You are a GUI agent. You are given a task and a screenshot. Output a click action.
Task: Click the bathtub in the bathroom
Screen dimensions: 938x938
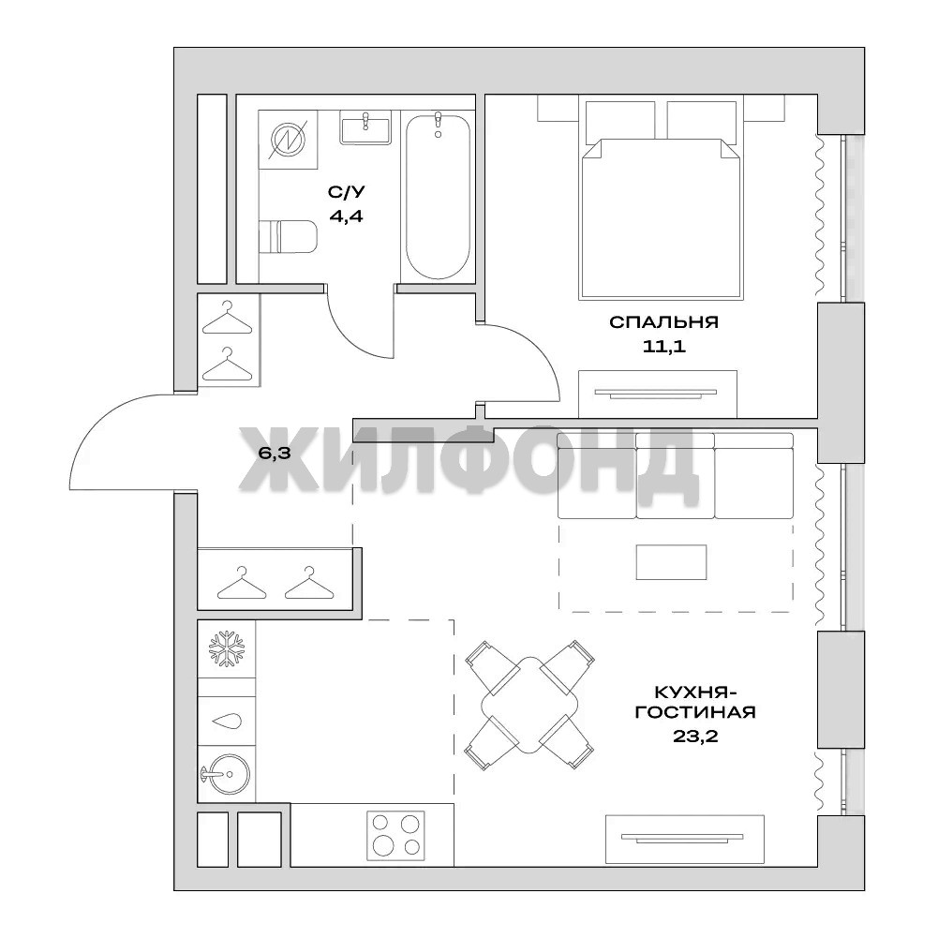tap(438, 196)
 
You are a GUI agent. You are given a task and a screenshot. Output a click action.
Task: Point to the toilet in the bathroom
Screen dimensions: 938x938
tap(288, 237)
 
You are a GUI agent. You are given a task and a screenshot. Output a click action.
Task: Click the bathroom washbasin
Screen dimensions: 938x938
tap(365, 127)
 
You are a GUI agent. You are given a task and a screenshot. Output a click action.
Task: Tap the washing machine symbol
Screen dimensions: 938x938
tap(289, 140)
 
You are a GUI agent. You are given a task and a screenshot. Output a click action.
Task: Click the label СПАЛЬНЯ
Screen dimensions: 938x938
tap(664, 322)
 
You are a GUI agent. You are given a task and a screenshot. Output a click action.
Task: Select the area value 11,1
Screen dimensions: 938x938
tap(664, 347)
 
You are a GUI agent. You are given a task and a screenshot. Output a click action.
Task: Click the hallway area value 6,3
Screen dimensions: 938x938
tap(275, 453)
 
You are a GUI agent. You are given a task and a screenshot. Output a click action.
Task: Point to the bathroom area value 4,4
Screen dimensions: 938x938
tap(347, 216)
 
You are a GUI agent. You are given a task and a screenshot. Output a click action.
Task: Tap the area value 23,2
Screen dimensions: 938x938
tap(695, 736)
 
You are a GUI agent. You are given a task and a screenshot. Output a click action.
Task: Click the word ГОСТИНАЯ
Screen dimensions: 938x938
tap(695, 712)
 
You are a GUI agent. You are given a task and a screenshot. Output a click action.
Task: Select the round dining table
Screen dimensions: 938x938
tap(530, 705)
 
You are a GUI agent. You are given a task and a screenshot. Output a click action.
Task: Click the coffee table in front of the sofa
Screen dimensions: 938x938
tap(671, 561)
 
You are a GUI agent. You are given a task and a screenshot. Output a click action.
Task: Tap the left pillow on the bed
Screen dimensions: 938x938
tap(620, 122)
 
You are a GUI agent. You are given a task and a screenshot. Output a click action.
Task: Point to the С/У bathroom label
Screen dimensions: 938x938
tap(347, 192)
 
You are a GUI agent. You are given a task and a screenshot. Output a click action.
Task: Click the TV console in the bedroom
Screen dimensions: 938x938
tap(658, 394)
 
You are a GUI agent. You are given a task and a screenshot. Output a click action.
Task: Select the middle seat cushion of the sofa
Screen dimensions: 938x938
tap(676, 476)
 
